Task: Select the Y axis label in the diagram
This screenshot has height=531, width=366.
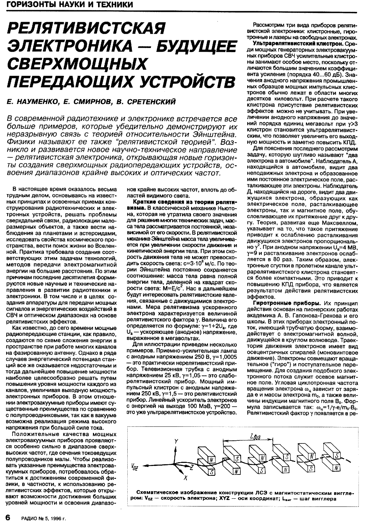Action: point(176,441)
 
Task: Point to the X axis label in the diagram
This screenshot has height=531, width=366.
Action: point(186,478)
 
